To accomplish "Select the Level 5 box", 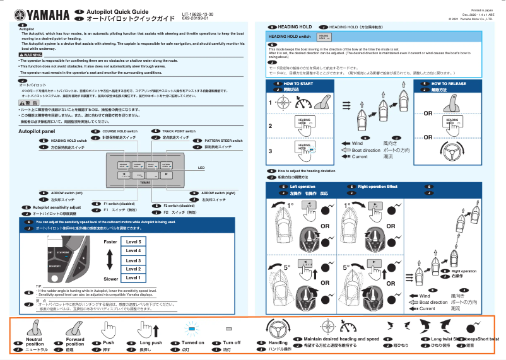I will click(133, 241).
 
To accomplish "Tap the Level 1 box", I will click(133, 277).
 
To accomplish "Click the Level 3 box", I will click(133, 260).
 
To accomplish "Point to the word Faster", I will click(110, 242).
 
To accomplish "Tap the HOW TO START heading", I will click(298, 84).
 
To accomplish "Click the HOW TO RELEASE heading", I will click(449, 84).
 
